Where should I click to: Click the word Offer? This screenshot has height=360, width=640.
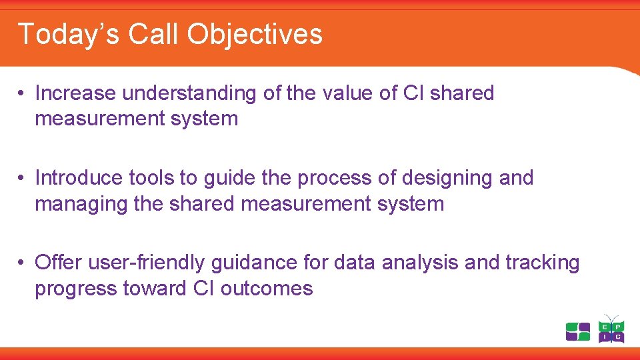57,263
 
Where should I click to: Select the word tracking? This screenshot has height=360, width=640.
543,263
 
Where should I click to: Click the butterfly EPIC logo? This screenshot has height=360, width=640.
611,329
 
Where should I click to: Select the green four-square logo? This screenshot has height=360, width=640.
578,331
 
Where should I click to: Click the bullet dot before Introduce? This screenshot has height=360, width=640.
22,179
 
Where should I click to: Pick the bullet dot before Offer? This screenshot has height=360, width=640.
22,263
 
